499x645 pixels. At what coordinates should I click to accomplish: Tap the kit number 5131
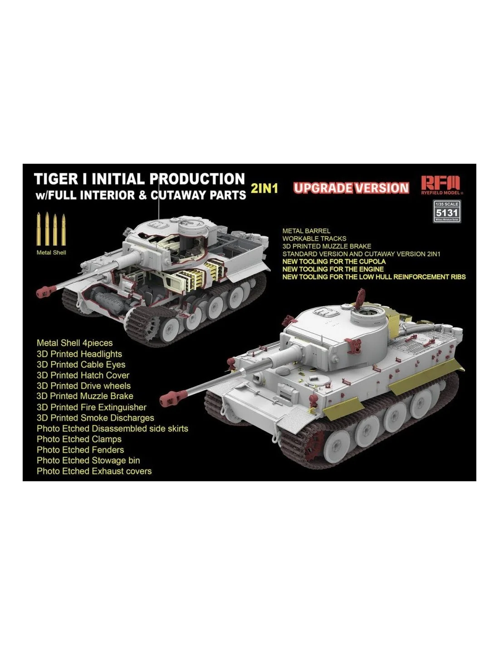(x=447, y=213)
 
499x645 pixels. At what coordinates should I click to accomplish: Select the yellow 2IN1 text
(x=264, y=189)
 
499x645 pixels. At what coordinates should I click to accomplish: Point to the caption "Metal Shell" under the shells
(x=51, y=253)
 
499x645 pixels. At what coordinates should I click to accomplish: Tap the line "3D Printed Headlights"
(x=79, y=354)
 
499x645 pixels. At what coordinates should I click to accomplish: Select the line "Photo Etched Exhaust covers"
(x=94, y=471)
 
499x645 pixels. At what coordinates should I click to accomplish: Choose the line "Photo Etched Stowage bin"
(x=88, y=460)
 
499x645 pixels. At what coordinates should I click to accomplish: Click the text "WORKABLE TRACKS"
(x=314, y=238)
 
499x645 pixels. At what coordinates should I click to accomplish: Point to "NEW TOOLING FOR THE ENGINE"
(x=333, y=269)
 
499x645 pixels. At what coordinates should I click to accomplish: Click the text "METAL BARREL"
(x=306, y=230)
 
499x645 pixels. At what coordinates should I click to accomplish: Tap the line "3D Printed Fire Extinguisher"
(x=92, y=407)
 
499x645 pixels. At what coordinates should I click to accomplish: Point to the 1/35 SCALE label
(x=447, y=204)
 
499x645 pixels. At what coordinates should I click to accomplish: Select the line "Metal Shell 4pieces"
(x=74, y=343)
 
